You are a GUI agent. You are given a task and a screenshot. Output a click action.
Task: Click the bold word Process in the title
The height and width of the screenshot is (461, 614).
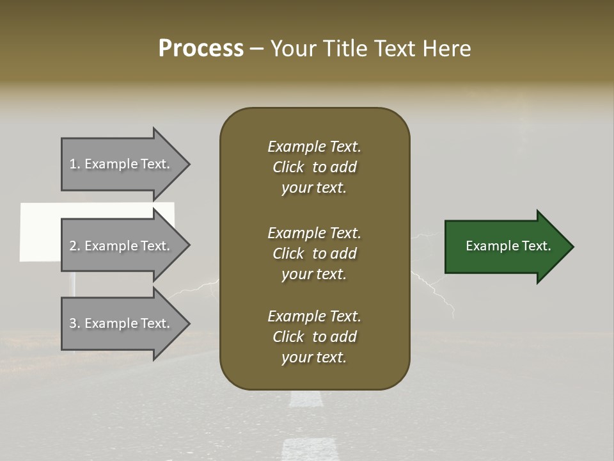tap(201, 49)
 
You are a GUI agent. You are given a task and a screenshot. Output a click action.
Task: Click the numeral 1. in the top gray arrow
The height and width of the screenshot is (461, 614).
tap(74, 164)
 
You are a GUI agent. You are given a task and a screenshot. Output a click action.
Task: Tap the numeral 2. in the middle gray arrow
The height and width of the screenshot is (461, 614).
tap(74, 246)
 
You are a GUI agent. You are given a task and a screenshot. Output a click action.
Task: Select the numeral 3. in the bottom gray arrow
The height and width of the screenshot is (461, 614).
tap(74, 323)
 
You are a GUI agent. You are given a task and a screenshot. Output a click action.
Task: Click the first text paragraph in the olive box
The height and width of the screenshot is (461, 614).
tap(314, 167)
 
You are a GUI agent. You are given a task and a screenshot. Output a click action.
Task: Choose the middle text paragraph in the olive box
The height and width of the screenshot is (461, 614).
tap(314, 254)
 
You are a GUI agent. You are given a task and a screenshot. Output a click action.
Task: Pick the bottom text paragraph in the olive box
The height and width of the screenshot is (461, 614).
tap(314, 337)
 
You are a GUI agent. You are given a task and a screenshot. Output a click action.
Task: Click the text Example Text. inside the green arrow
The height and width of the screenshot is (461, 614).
tap(508, 246)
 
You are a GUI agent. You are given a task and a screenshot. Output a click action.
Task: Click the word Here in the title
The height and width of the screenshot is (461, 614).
tap(450, 49)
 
